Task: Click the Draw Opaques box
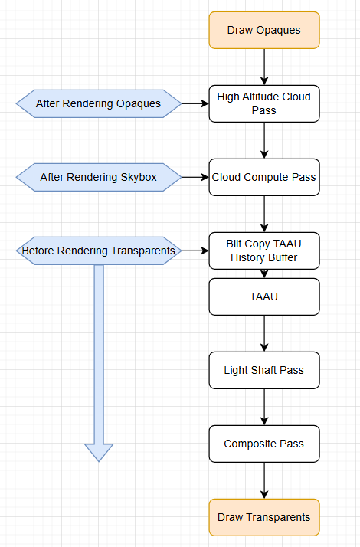(x=263, y=30)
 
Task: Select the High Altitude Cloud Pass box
(x=263, y=103)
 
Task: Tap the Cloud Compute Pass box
(x=263, y=177)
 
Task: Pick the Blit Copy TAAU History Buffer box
(x=263, y=251)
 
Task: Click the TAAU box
(x=263, y=296)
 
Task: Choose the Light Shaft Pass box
(x=263, y=370)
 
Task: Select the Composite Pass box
(x=263, y=444)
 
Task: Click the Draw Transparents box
(x=263, y=517)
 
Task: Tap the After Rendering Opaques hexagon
(x=98, y=103)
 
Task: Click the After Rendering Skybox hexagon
(x=98, y=177)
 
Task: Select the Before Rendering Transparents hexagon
(x=98, y=251)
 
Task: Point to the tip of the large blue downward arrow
(x=99, y=460)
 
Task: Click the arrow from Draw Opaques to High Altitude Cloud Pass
(x=263, y=67)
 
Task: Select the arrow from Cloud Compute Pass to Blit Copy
(x=263, y=214)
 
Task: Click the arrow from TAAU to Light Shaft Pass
(x=263, y=333)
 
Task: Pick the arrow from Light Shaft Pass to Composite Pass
(x=263, y=407)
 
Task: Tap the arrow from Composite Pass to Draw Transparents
(x=263, y=480)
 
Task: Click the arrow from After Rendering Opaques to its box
(x=195, y=103)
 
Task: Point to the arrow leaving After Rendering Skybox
(x=195, y=177)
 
